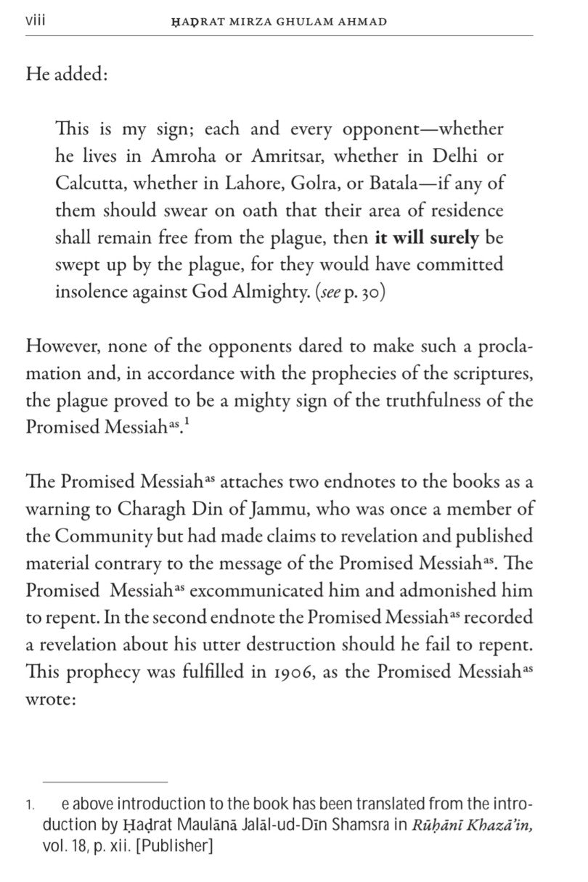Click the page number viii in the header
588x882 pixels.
coord(36,21)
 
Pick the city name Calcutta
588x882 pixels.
coord(85,183)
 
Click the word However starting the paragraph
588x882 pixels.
coord(57,346)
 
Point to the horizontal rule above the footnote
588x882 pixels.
coord(105,782)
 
